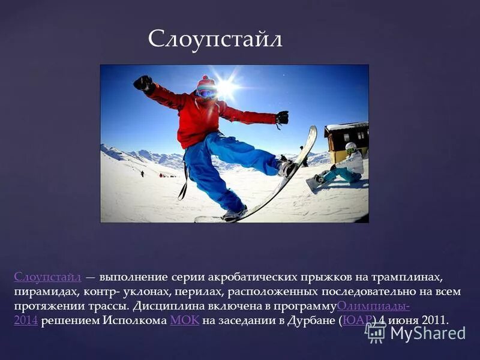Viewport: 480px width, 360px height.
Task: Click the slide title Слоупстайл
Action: [215, 40]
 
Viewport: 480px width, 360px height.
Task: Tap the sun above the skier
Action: [227, 88]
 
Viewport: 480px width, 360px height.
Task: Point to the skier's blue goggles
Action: [206, 92]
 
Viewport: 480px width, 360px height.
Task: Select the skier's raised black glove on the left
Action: [143, 83]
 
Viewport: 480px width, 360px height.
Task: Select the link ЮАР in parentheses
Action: [358, 320]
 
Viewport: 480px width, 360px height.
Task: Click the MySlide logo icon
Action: [375, 332]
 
